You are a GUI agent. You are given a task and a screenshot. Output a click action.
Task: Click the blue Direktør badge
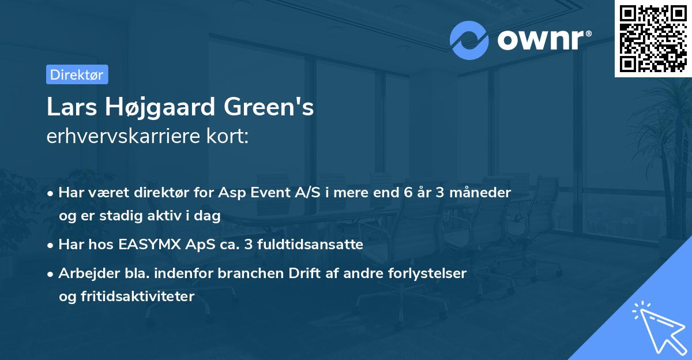coord(77,74)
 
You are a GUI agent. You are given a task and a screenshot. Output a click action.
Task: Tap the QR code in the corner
coord(653,38)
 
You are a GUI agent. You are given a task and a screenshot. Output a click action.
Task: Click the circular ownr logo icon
coord(469,40)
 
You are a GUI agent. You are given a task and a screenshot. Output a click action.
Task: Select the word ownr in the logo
coord(541,40)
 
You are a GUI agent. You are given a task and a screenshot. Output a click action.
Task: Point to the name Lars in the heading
coord(72,107)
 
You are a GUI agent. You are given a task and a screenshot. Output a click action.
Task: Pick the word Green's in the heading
coord(269,107)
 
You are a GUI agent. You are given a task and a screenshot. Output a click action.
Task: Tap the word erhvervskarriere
coord(123,136)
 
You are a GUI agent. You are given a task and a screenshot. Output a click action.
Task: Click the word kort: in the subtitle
coord(227,136)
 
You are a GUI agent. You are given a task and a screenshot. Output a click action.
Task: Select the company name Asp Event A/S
coord(269,192)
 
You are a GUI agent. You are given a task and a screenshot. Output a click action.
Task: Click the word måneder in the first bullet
coord(480,193)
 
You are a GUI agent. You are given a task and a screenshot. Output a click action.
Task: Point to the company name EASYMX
coord(149,245)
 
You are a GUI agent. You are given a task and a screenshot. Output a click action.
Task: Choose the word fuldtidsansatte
coord(310,245)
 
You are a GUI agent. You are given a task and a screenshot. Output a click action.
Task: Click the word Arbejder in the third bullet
coord(89,273)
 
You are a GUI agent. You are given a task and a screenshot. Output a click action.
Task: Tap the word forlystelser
coord(427,273)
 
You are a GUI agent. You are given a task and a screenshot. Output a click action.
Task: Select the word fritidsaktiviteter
coord(138,296)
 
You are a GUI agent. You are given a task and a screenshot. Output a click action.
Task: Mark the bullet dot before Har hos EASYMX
coord(50,246)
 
